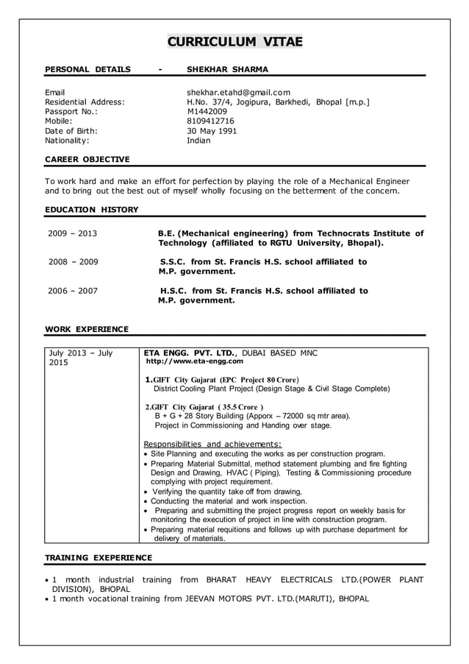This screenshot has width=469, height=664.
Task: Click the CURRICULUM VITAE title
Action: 234,41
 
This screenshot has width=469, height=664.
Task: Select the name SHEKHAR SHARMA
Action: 227,69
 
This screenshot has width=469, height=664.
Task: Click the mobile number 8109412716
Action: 210,121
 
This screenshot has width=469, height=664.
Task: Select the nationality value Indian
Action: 198,140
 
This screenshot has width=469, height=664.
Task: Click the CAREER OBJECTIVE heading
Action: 87,159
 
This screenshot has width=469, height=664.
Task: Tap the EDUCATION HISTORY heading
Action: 92,210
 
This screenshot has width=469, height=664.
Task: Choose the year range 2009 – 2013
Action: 73,234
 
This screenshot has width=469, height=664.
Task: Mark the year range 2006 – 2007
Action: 73,291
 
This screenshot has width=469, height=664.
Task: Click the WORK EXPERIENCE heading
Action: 87,329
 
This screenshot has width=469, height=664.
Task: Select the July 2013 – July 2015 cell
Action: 81,358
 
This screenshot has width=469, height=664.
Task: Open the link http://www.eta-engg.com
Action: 195,361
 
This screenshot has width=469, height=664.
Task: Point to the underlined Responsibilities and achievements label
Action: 212,444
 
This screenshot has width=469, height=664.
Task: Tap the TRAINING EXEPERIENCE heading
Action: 99,557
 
